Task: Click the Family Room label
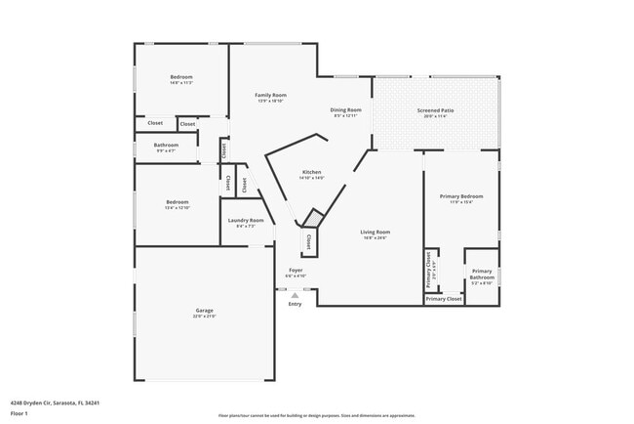(269, 95)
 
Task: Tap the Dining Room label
(345, 109)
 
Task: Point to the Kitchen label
(311, 172)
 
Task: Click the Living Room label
(376, 232)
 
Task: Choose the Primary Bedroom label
(460, 196)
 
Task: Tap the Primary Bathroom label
(482, 274)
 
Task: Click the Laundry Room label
(246, 220)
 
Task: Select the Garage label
(204, 311)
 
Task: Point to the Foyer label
(296, 270)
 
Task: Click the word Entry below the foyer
(295, 304)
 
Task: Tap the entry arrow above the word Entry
(295, 294)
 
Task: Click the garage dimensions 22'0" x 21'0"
(204, 317)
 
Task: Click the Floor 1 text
(20, 413)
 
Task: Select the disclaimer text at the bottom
(316, 415)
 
